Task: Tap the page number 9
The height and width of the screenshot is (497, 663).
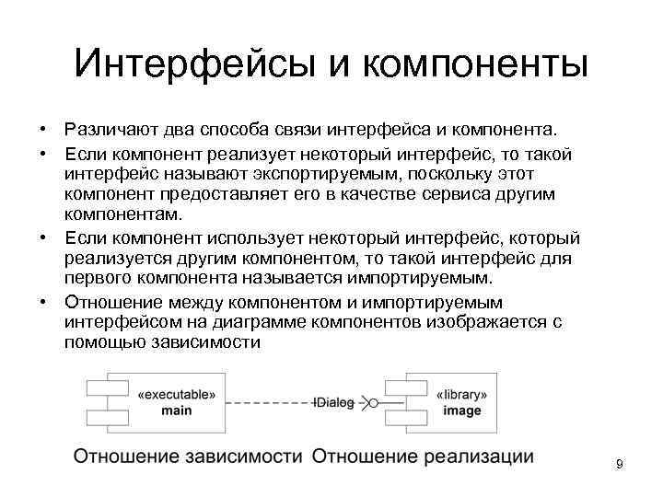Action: tap(620, 465)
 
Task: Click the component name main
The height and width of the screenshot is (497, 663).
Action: tap(177, 410)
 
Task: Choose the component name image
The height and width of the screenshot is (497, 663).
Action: tap(462, 410)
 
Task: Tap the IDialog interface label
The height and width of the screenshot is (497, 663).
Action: tap(333, 402)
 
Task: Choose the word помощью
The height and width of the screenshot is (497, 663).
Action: tap(101, 343)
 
